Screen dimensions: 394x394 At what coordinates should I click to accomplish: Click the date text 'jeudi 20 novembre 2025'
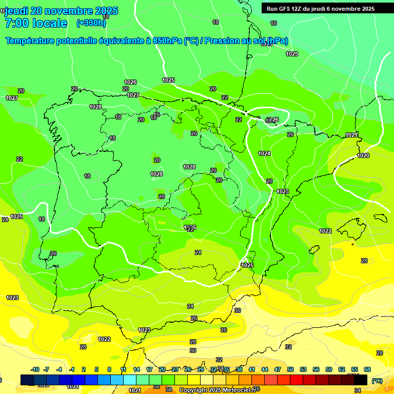[x=61, y=11]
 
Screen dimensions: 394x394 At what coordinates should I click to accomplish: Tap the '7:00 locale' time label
[x=36, y=23]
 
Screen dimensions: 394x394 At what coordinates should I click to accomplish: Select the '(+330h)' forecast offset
[x=91, y=23]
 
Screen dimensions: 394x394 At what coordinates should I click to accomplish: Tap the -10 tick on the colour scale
[x=35, y=369]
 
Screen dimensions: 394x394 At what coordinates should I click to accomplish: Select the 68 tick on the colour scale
[x=367, y=369]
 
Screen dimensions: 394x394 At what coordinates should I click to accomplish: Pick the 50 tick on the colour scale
[x=290, y=369]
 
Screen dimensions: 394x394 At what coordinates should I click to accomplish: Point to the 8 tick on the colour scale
[x=109, y=369]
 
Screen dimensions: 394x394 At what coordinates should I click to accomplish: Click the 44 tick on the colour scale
[x=265, y=369]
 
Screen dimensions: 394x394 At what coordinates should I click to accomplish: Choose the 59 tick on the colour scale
[x=329, y=369]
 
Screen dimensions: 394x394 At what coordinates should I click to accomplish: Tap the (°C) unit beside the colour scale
[x=377, y=381]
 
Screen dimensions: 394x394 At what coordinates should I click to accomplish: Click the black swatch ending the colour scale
[x=361, y=380]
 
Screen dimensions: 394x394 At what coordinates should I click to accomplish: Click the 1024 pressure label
[x=264, y=153]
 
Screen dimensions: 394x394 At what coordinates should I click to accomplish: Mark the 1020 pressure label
[x=363, y=155]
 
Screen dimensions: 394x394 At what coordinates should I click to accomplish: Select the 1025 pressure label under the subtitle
[x=168, y=80]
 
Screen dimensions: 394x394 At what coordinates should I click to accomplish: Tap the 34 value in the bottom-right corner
[x=358, y=390]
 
